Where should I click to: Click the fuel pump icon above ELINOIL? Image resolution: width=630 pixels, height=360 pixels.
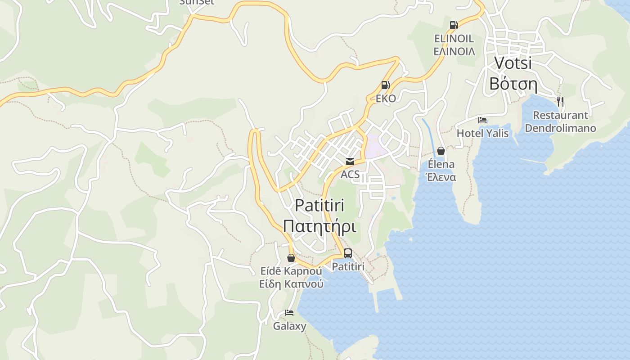pyautogui.click(x=454, y=25)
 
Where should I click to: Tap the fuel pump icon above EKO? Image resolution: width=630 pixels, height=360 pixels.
pyautogui.click(x=385, y=85)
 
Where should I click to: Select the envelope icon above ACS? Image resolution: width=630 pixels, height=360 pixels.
pyautogui.click(x=350, y=161)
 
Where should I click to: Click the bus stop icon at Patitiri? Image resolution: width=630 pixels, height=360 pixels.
pyautogui.click(x=348, y=253)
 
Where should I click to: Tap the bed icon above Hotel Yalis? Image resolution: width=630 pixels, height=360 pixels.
pyautogui.click(x=482, y=120)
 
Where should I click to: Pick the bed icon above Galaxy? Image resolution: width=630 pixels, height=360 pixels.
pyautogui.click(x=289, y=313)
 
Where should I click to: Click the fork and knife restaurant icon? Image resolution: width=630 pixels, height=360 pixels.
pyautogui.click(x=560, y=101)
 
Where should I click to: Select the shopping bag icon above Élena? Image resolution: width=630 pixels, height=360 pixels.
pyautogui.click(x=441, y=151)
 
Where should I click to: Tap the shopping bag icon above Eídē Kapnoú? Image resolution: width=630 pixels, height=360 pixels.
pyautogui.click(x=291, y=258)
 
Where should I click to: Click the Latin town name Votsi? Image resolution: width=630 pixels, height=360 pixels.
pyautogui.click(x=513, y=63)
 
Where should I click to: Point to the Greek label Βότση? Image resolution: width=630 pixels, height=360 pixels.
pyautogui.click(x=513, y=84)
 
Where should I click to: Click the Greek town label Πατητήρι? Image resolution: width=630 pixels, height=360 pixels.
pyautogui.click(x=319, y=226)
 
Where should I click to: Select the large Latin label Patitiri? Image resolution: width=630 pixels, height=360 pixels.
pyautogui.click(x=319, y=205)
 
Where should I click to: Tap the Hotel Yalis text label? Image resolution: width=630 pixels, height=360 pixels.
pyautogui.click(x=482, y=133)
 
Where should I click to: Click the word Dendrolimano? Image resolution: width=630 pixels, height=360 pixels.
pyautogui.click(x=560, y=128)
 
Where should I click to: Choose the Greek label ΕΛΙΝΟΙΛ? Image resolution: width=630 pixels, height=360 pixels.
pyautogui.click(x=454, y=51)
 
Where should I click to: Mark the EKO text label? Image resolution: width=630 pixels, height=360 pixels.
pyautogui.click(x=386, y=99)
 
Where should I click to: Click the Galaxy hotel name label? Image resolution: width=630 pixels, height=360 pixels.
pyautogui.click(x=289, y=326)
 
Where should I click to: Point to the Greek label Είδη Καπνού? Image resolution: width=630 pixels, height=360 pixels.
pyautogui.click(x=291, y=284)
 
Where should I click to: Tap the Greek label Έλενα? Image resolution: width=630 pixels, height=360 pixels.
pyautogui.click(x=441, y=177)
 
